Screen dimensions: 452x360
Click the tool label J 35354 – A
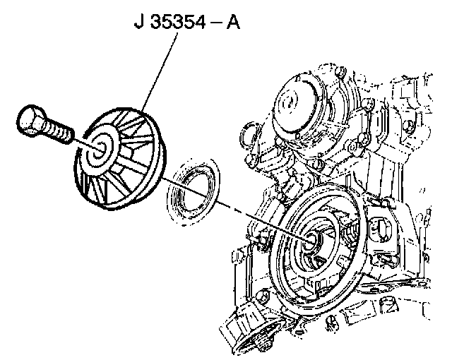tap(187, 22)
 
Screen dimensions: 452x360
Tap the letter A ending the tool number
tap(233, 22)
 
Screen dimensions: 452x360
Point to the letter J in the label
tap(139, 22)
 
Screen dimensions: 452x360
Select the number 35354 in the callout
tap(177, 22)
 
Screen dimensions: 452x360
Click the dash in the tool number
tap(215, 23)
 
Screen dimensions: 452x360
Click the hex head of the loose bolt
tap(30, 120)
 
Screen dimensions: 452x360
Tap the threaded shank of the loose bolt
tap(59, 132)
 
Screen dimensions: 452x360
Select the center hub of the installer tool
tap(99, 149)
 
